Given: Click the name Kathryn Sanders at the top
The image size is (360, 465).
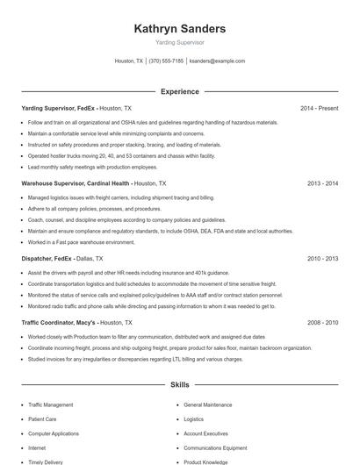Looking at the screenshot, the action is [x=179, y=29].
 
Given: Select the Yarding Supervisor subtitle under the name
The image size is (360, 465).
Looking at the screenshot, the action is [x=179, y=42].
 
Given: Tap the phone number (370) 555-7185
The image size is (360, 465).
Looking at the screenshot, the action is [x=166, y=61].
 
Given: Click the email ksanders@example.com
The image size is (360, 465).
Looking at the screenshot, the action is [x=217, y=61].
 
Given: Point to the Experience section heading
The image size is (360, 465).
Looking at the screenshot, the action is [x=179, y=91].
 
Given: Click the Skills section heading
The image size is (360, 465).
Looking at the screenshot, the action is [x=179, y=384].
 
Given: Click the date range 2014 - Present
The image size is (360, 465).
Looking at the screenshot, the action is [x=319, y=108].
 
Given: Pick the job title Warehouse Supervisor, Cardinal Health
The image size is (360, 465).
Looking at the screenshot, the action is [x=76, y=184].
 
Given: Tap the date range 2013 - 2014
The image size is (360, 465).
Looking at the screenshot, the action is [x=322, y=184].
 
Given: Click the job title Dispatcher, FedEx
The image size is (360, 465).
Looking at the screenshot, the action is [x=47, y=259].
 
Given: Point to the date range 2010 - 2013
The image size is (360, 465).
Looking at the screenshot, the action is [x=322, y=259].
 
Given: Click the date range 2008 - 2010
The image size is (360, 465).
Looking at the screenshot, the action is [x=322, y=323].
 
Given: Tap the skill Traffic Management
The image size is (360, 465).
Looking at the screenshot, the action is [x=51, y=405].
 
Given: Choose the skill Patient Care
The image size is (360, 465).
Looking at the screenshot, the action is [x=43, y=419].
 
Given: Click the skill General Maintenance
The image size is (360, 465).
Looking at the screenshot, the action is [x=208, y=405].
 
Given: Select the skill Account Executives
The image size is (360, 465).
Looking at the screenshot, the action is [x=205, y=433].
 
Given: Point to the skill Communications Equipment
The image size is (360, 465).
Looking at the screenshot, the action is [x=214, y=447].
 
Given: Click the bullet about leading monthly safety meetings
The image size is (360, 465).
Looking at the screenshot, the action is [x=92, y=167].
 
